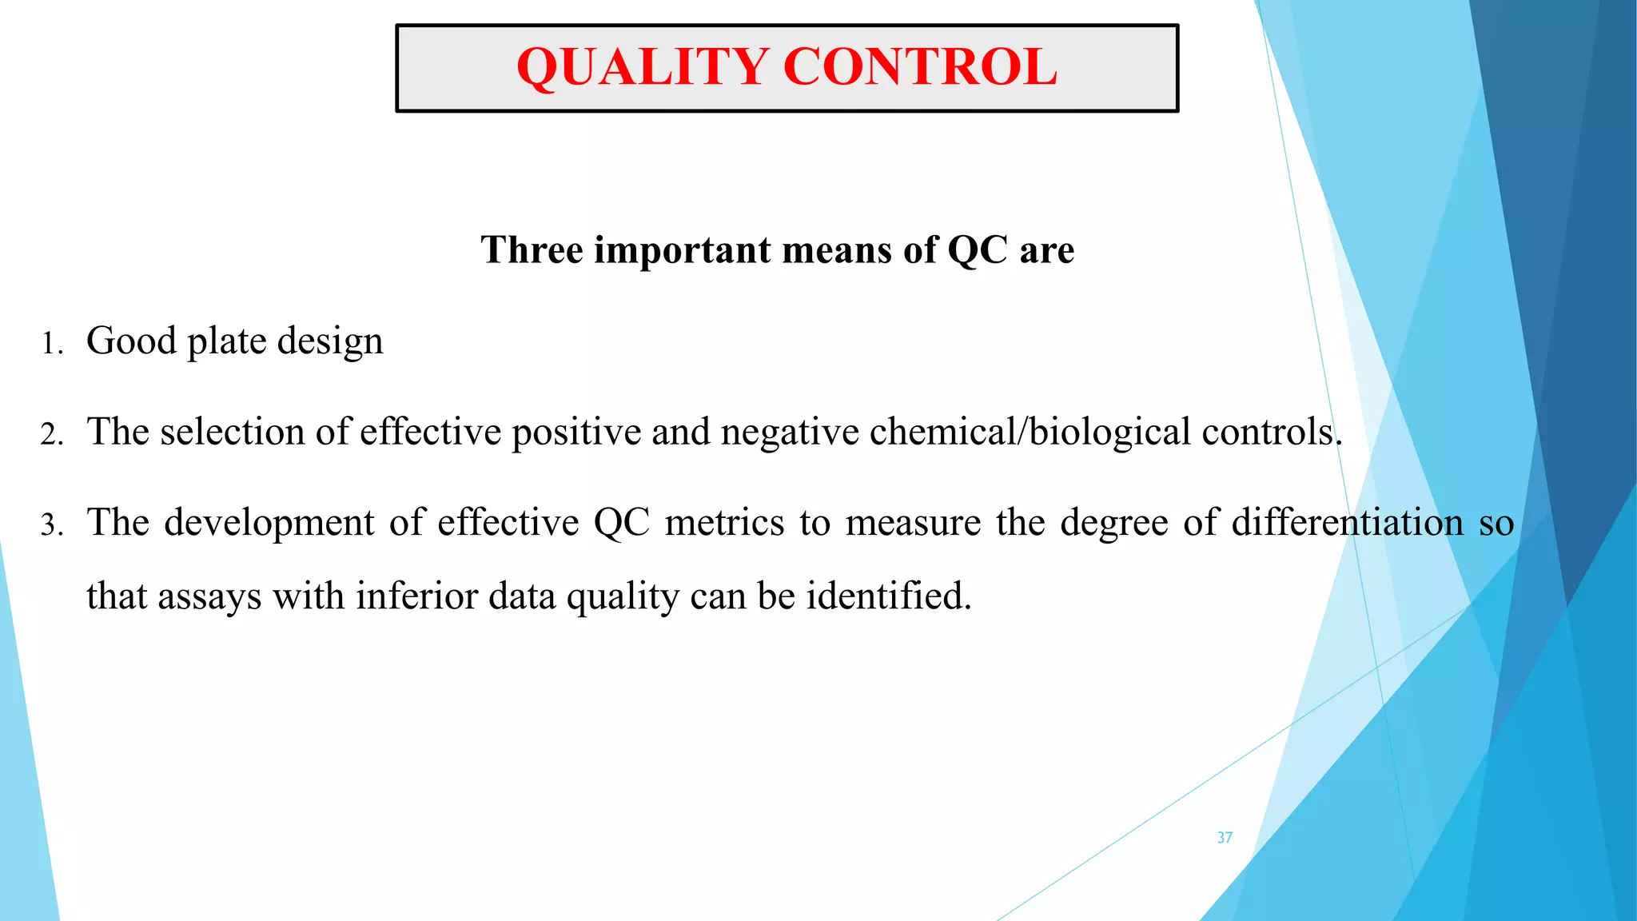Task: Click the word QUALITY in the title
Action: coord(643,67)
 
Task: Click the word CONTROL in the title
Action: coord(921,67)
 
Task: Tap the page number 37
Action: coord(1225,838)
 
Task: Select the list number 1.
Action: coord(51,345)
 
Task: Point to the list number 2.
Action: coord(51,435)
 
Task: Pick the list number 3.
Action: coord(51,526)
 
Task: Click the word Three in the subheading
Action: coord(532,250)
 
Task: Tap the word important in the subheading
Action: coord(682,250)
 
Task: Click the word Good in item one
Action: coord(131,341)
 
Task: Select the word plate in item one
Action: coord(226,341)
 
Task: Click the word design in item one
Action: coord(330,341)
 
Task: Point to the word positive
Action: coord(576,433)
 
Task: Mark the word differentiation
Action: coord(1348,523)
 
